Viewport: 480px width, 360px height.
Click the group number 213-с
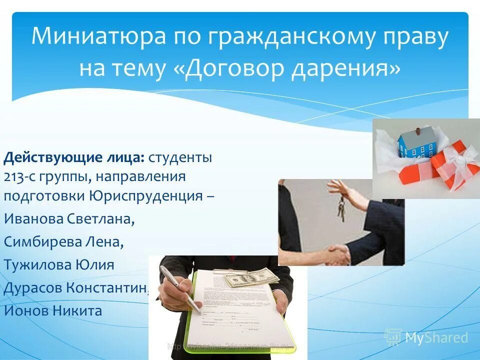point(20,177)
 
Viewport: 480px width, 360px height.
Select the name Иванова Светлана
point(69,218)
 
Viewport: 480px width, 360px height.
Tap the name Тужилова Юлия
point(59,264)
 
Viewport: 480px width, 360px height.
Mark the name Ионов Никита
point(53,310)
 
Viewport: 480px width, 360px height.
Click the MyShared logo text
point(436,338)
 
